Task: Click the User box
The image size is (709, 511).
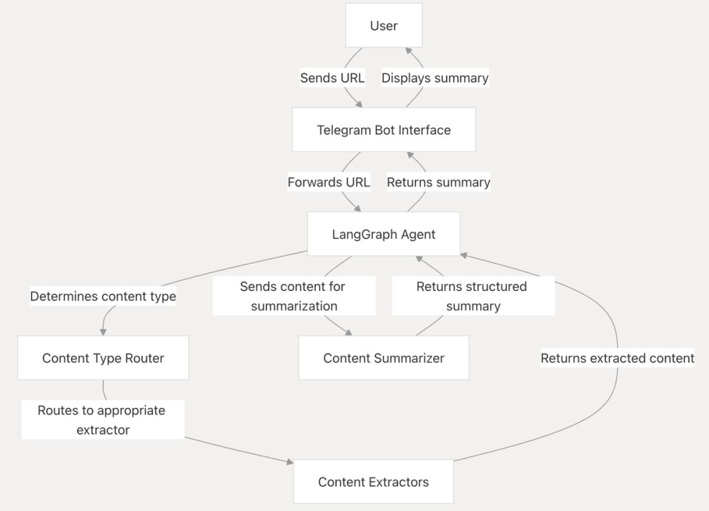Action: pyautogui.click(x=384, y=26)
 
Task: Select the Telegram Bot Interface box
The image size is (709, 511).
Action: pyautogui.click(x=384, y=130)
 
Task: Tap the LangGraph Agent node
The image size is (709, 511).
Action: pyautogui.click(x=384, y=234)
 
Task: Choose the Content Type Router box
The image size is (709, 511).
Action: pyautogui.click(x=103, y=358)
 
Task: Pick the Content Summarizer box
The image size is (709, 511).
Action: pyautogui.click(x=384, y=358)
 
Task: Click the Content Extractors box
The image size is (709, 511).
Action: pyautogui.click(x=374, y=481)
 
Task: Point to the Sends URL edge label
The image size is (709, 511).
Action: pyautogui.click(x=332, y=78)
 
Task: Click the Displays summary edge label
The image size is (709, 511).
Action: pyautogui.click(x=435, y=78)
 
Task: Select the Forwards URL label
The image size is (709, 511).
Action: pyautogui.click(x=329, y=182)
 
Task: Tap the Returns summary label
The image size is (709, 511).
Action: pyautogui.click(x=439, y=182)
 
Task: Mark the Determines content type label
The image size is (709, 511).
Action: pyautogui.click(x=103, y=296)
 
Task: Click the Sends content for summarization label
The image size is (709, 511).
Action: pyautogui.click(x=294, y=296)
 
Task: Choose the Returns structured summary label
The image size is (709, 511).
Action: pyautogui.click(x=473, y=296)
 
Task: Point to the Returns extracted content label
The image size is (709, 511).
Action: pyautogui.click(x=618, y=358)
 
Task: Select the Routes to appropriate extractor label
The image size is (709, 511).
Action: pyautogui.click(x=102, y=420)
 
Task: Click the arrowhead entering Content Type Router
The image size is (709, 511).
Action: pyautogui.click(x=103, y=332)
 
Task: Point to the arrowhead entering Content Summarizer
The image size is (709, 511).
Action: pyautogui.click(x=348, y=333)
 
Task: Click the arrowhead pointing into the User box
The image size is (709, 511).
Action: pyautogui.click(x=408, y=51)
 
